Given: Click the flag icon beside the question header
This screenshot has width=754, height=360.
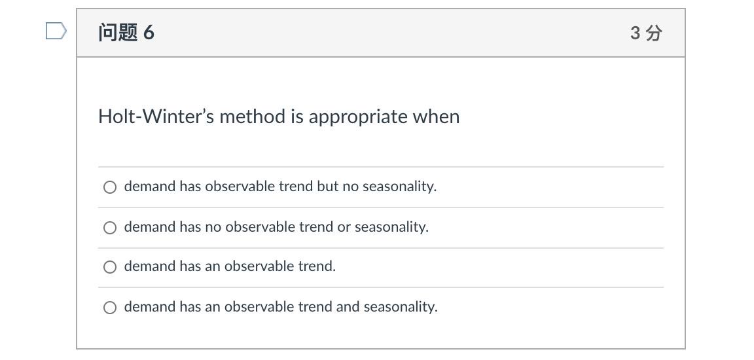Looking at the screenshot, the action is (56, 31).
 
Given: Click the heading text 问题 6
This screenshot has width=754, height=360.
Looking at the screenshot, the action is (126, 33).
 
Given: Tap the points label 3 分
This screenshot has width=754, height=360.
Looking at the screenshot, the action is (646, 33).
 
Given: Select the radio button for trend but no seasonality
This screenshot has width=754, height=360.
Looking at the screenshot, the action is (110, 187).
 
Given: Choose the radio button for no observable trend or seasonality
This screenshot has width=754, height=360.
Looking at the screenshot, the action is (110, 227).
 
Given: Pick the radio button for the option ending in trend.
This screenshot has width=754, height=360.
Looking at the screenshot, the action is (110, 267).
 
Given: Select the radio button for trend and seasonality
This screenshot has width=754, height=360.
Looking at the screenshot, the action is (110, 307).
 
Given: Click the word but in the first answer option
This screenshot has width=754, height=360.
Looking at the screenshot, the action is (327, 186).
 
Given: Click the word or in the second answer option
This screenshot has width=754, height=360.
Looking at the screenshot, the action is (344, 227).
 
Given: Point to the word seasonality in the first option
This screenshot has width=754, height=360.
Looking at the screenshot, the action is (400, 187).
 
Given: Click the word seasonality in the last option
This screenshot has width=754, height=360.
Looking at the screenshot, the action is (401, 307).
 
